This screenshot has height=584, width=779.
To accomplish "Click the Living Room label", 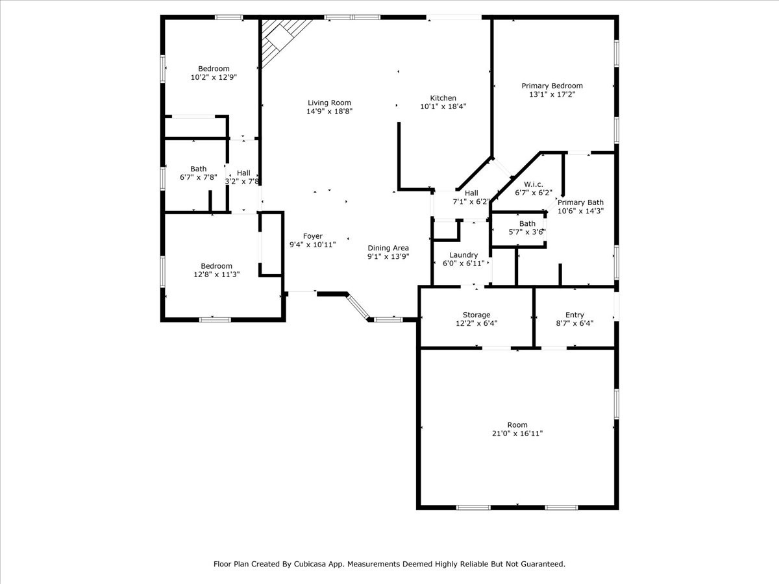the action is point(329,103).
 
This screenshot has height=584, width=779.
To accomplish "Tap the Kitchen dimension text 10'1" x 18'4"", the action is point(443,106).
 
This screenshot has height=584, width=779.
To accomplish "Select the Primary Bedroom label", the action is point(552,86).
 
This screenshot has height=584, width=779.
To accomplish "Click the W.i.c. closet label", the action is point(534,184).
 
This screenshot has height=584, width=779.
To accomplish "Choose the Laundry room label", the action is point(464,255).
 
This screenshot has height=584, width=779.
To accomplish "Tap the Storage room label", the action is point(476,315).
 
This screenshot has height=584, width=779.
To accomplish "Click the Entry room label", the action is point(575,315).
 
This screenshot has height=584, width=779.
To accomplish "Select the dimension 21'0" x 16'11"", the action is point(517,433).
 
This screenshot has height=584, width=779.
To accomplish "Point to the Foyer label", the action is point(313,236).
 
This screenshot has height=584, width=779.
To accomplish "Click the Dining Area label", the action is point(388,249).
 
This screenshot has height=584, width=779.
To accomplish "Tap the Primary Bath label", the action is point(580,202).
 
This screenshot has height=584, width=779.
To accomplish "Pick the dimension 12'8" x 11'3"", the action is point(216,274).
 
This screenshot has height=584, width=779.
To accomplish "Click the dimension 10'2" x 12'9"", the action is point(214,77).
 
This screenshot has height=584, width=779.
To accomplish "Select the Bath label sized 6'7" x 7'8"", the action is point(198,169).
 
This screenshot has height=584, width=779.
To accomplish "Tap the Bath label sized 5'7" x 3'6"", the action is point(527,224).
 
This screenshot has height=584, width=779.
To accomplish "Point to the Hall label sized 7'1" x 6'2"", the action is point(471,193).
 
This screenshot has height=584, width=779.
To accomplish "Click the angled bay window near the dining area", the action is point(358,307).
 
